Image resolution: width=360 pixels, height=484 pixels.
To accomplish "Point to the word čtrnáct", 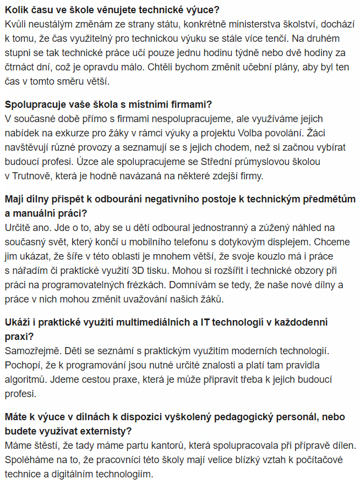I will pos(20,68).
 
